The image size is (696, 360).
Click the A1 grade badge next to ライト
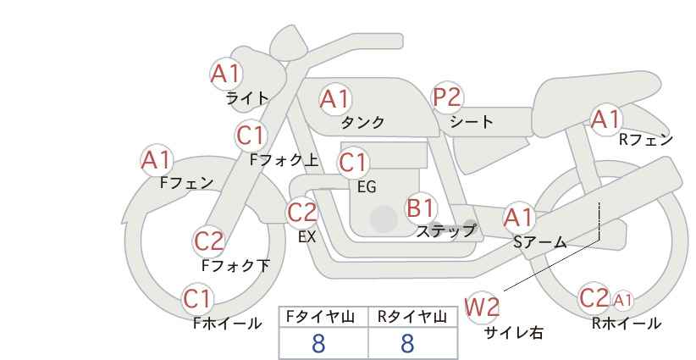226,74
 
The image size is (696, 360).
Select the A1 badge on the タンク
335,99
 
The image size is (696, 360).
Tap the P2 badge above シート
447,97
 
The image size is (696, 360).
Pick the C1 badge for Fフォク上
251,136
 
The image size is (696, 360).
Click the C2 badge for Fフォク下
209,241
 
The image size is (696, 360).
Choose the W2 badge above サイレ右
482,307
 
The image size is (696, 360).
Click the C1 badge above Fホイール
197,299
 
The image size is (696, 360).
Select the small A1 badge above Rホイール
622,301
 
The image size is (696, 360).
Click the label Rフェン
646,140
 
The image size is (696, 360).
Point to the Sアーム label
539,242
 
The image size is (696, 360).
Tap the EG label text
367,187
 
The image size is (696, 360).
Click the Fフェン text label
186,182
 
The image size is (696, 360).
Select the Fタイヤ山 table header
320,317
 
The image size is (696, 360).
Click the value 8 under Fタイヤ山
318,344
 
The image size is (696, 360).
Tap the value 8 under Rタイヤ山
407,344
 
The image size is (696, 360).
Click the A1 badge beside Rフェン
606,119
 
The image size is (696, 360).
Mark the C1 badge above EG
353,163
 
